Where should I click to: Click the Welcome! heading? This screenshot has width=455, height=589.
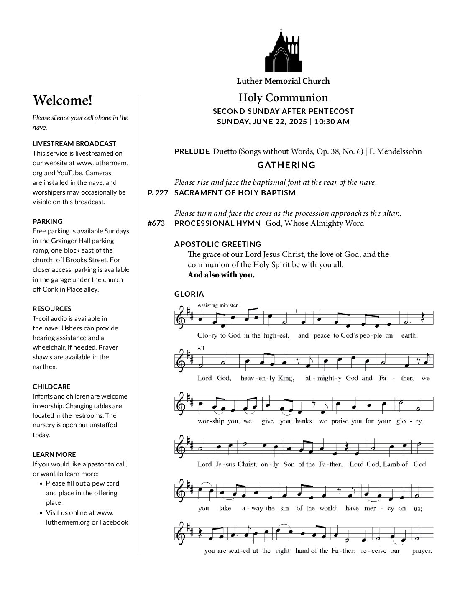point(62,100)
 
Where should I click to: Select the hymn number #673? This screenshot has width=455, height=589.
point(156,223)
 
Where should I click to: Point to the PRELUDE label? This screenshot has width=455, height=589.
point(192,151)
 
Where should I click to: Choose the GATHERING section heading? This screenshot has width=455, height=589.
point(286,165)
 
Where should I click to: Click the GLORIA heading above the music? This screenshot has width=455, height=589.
point(189,294)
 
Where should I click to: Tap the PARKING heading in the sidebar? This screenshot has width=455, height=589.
point(48,221)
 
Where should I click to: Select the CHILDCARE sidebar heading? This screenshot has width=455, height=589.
point(51,387)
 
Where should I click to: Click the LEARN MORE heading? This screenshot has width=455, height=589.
point(54,454)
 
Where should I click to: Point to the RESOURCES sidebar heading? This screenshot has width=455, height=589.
point(52,309)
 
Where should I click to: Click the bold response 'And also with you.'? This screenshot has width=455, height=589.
point(221,275)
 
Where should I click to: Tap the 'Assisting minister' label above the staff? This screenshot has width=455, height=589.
point(217,305)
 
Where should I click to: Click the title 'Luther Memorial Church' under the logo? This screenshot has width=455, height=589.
point(283,81)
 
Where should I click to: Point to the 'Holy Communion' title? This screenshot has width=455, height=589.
point(283,98)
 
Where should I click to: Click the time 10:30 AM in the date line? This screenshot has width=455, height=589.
point(332,122)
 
